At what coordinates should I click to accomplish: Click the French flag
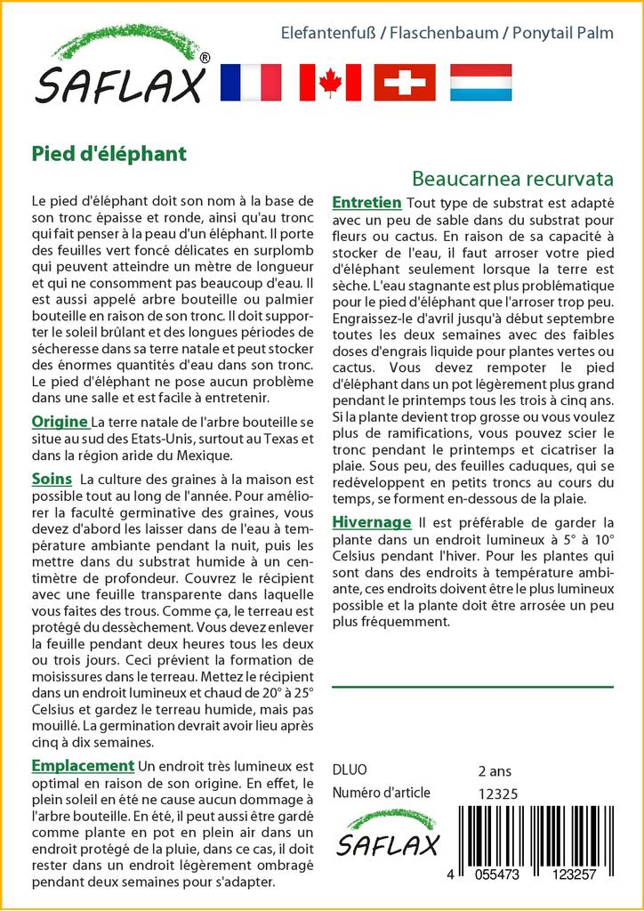(250, 82)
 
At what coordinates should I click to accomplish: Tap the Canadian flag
(330, 82)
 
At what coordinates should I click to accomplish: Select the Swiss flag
(405, 82)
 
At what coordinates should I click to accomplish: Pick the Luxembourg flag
(480, 82)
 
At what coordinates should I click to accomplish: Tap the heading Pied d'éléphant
(109, 153)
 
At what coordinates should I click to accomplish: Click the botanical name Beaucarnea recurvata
(513, 177)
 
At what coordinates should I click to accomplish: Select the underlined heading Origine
(59, 422)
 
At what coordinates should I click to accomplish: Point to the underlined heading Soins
(52, 480)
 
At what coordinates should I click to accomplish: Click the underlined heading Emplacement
(82, 766)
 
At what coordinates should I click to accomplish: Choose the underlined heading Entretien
(366, 203)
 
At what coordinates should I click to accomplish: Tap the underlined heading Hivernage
(371, 522)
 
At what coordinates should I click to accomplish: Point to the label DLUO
(349, 770)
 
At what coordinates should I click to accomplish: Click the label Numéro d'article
(381, 794)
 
